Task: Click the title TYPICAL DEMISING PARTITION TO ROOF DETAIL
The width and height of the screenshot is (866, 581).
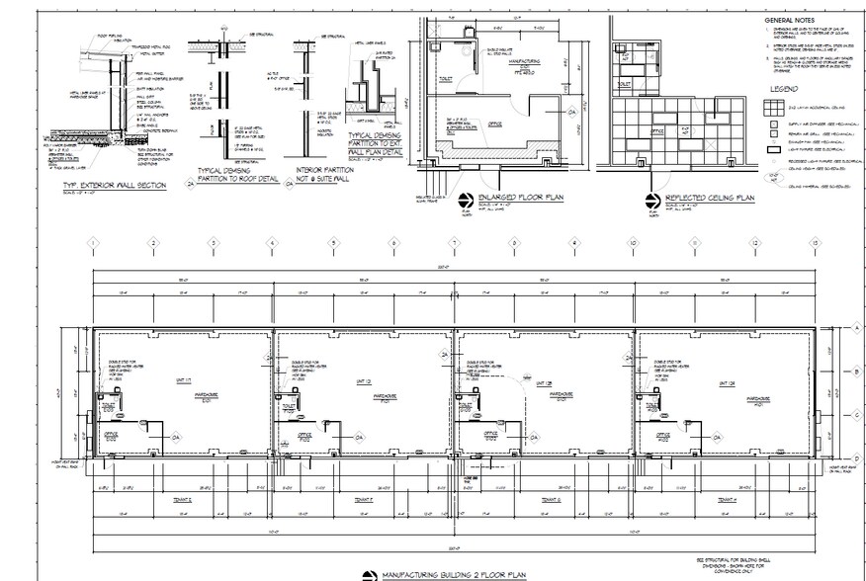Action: point(225,174)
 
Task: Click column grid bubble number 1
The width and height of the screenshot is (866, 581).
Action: point(92,242)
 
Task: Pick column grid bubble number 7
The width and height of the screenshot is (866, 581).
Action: point(454,242)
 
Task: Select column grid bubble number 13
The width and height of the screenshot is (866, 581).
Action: point(814,242)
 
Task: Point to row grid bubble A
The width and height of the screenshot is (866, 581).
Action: point(858,327)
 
